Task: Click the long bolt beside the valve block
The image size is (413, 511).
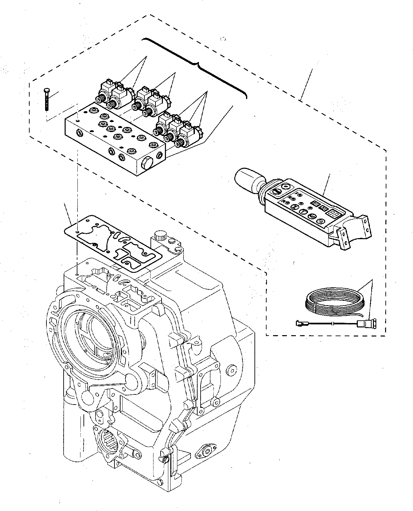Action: click(46, 99)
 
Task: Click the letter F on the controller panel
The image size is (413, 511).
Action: click(297, 194)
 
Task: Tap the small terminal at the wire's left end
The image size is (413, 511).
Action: click(298, 324)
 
